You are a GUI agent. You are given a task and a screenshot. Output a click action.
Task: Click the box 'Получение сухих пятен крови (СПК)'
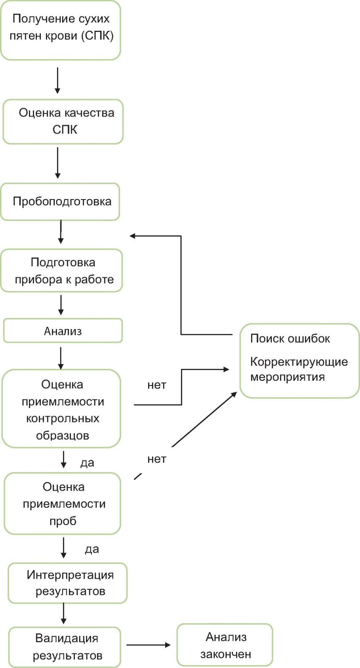(x=60, y=30)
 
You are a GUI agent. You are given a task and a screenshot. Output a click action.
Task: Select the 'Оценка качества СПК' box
(x=63, y=122)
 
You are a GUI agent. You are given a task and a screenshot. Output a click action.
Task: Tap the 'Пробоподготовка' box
(x=60, y=202)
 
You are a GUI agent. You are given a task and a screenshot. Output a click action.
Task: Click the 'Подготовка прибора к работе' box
(x=61, y=271)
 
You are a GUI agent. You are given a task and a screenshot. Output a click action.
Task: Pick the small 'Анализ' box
(x=63, y=331)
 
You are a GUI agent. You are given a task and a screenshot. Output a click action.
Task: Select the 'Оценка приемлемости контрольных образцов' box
(x=61, y=408)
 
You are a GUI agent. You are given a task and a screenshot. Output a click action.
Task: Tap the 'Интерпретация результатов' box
(x=67, y=583)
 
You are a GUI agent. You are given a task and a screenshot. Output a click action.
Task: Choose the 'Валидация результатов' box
(x=64, y=647)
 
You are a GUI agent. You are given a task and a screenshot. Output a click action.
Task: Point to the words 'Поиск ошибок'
(x=290, y=339)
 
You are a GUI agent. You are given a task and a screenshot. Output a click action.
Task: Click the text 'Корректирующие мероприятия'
(x=299, y=369)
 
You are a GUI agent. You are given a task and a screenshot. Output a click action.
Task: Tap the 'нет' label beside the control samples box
(x=157, y=385)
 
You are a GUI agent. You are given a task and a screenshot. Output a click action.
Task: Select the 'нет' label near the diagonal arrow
(x=157, y=459)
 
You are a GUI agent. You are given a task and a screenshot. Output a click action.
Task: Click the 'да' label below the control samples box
(x=87, y=462)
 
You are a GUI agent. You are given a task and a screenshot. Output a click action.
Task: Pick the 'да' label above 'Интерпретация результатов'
(x=92, y=549)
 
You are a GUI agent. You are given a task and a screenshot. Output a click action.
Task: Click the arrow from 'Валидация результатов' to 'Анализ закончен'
(x=148, y=645)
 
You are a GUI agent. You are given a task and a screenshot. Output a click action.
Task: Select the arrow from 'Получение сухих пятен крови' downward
(x=57, y=80)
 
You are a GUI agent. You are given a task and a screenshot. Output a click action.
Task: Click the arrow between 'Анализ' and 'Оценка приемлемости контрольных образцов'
(x=61, y=358)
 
